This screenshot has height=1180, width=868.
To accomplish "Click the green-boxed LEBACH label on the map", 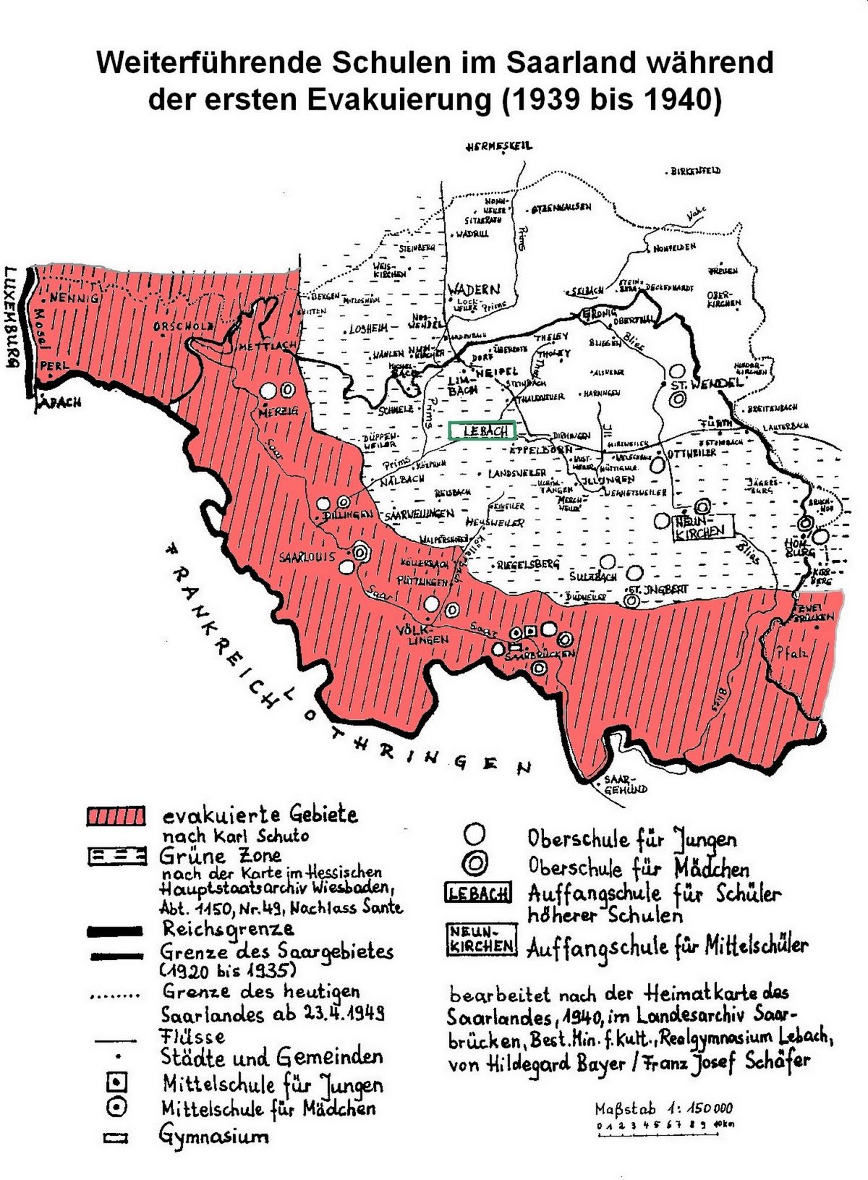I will coord(482,430).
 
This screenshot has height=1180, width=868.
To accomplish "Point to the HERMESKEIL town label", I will coord(499,145).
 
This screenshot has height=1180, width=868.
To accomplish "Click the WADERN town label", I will coord(474,289).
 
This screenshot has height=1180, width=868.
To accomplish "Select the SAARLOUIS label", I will coord(307,557).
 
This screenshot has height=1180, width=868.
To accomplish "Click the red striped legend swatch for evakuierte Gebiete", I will coord(116,816).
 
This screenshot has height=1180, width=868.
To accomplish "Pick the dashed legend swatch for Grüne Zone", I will coord(116,856).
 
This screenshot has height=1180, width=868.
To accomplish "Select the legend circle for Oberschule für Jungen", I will coord(475,834).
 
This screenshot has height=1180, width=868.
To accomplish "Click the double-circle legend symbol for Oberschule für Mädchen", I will coord(475,863).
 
